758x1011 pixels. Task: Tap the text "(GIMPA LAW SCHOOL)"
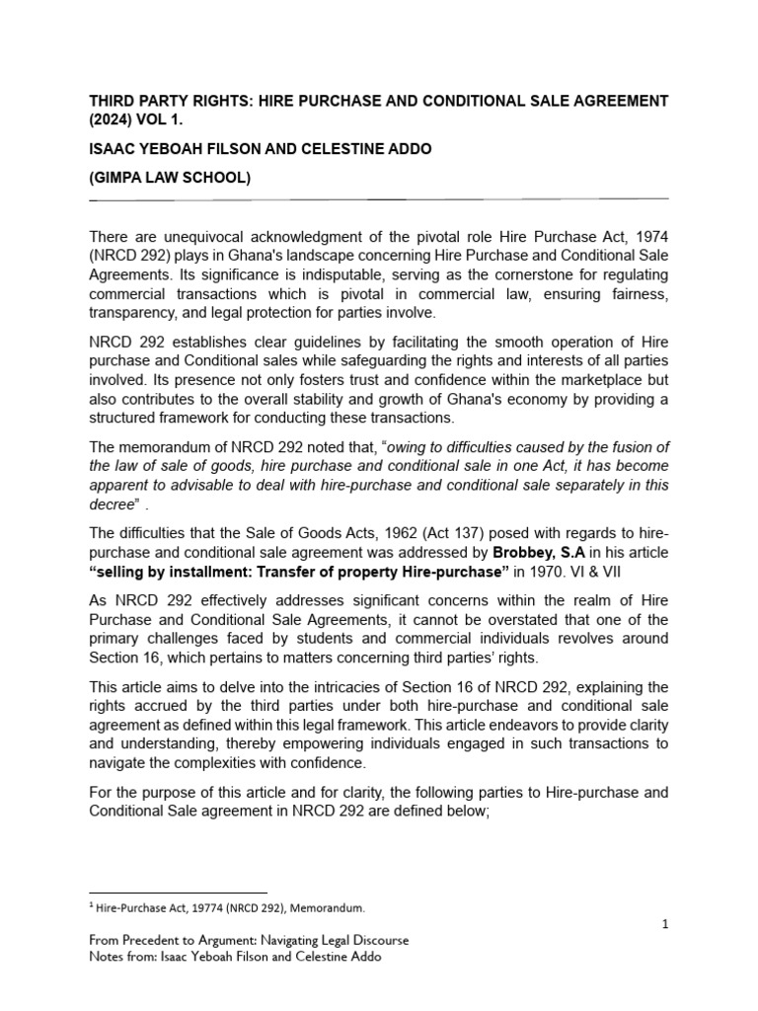click(x=170, y=179)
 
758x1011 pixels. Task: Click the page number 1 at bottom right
click(x=665, y=923)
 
